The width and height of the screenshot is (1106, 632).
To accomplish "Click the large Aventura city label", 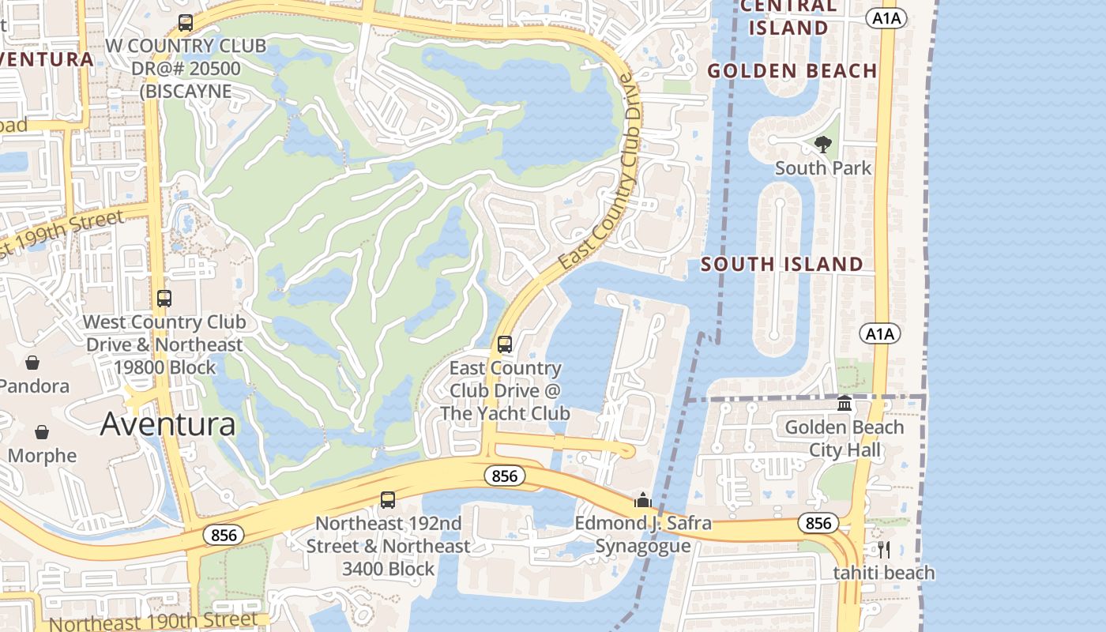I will click(167, 424).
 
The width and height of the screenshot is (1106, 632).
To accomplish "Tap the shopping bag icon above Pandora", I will click(32, 363).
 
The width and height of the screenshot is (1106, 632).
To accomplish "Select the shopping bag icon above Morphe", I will click(42, 432).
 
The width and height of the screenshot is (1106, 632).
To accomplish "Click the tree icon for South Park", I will click(823, 144).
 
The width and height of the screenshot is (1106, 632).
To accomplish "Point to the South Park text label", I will click(823, 168).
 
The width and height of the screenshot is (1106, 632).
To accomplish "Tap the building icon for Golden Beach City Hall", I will click(845, 404).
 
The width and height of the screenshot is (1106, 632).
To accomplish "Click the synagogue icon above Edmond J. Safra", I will click(642, 500).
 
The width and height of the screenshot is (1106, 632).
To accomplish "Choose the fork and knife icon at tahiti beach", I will click(884, 549).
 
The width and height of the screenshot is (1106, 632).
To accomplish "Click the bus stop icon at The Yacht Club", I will click(505, 344).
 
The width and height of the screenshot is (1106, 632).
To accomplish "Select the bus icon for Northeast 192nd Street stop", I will click(388, 499).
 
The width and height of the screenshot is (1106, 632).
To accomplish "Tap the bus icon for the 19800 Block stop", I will click(164, 299).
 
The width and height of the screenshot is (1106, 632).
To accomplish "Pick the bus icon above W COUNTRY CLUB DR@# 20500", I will click(186, 23).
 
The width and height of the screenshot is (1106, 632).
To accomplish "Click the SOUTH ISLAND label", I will click(782, 265).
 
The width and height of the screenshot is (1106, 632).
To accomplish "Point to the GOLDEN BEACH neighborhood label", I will click(792, 71).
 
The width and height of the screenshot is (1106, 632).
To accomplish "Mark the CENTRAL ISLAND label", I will click(788, 17).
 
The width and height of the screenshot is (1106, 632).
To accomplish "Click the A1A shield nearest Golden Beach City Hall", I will click(880, 334).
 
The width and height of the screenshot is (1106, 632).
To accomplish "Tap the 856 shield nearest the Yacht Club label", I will click(504, 476).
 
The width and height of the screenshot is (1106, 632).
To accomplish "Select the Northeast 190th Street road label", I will click(153, 621).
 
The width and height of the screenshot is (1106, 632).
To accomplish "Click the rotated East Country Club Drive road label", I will click(597, 171).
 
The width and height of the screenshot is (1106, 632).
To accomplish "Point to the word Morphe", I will click(43, 456).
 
